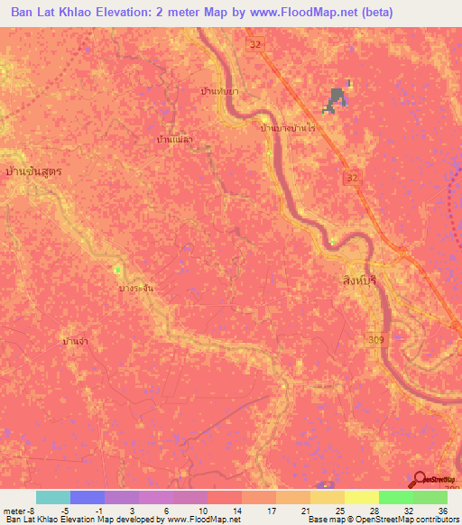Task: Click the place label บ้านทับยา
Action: coord(219,92)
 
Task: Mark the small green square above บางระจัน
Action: coord(117,269)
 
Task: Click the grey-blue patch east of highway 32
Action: coord(337,100)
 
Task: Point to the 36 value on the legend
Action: coord(442,510)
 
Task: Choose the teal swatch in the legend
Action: coord(52,497)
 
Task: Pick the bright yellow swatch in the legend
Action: coord(362,497)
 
